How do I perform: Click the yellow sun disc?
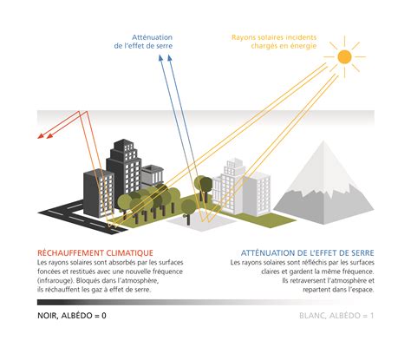point(344,57)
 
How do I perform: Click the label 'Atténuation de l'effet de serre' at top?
point(143,42)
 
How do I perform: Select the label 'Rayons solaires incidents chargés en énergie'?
point(274,42)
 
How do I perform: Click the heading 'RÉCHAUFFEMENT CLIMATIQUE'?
point(95,253)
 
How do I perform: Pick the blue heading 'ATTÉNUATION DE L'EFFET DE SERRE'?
point(308,253)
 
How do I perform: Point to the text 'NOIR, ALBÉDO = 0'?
point(72,316)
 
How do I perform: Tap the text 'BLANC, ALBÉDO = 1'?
point(336,316)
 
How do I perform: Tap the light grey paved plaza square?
point(201,222)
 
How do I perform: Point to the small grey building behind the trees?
point(153,175)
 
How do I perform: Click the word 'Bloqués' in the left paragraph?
point(88,281)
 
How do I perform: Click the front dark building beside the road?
point(99,193)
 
